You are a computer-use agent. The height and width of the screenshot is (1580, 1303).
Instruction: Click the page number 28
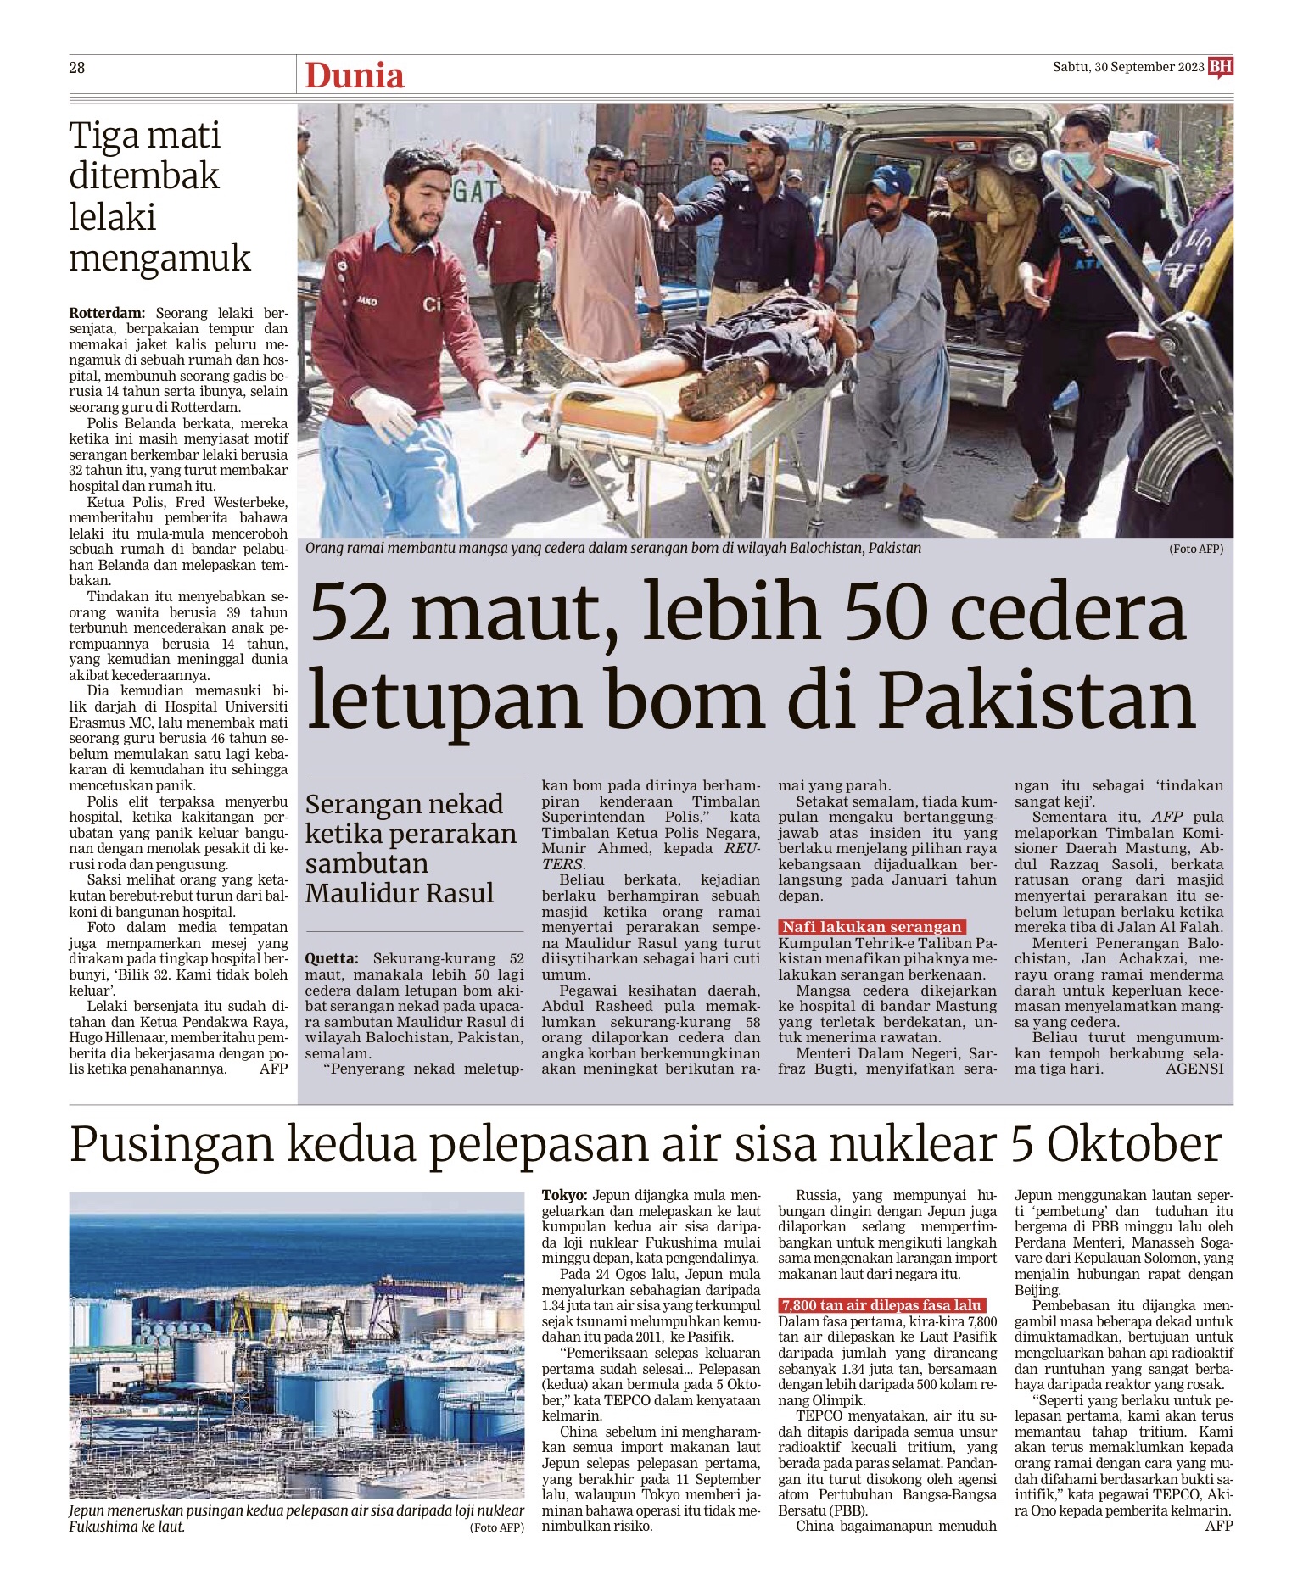(x=77, y=68)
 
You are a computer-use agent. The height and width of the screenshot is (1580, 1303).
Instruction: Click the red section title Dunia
(x=354, y=75)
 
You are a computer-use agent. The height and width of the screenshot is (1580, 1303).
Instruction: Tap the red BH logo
(x=1220, y=67)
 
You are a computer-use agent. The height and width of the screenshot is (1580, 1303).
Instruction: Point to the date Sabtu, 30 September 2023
(x=1127, y=67)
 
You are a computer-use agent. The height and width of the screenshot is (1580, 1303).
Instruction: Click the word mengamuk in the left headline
(x=159, y=258)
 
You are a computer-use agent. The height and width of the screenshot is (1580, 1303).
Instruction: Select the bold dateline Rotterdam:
(x=107, y=313)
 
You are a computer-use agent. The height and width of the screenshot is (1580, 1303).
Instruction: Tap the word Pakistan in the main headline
(x=1036, y=702)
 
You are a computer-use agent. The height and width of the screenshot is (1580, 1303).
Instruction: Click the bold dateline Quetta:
(x=332, y=958)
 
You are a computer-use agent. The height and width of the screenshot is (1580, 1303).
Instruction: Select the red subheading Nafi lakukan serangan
(x=871, y=927)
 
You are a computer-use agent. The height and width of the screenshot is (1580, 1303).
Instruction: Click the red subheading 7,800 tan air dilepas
(x=881, y=1305)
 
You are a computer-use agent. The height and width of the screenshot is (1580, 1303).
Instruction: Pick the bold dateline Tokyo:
(x=565, y=1195)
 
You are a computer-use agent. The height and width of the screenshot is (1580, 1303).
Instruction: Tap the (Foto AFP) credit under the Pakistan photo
(x=1195, y=549)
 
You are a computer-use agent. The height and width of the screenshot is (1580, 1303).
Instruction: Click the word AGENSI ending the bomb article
(x=1194, y=1069)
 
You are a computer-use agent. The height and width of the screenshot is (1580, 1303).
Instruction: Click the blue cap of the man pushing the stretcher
(x=887, y=177)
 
